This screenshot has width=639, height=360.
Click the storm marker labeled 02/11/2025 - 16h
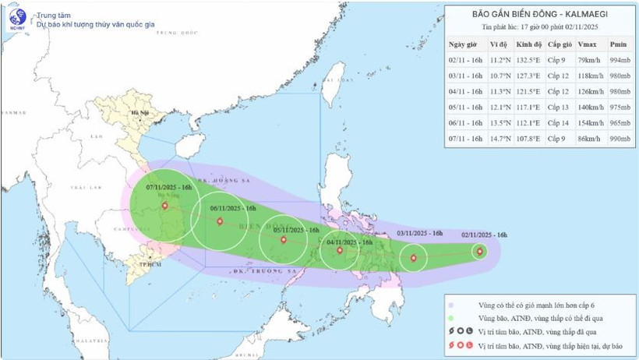(479, 250)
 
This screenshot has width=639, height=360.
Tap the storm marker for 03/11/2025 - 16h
(414, 259)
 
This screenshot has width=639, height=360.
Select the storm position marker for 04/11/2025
(340, 250)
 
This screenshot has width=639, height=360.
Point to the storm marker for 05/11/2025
(283, 239)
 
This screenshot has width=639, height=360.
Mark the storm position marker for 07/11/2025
(165, 206)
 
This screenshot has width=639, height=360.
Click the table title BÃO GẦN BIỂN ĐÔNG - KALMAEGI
(538, 13)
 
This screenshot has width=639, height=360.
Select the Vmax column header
(590, 44)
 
